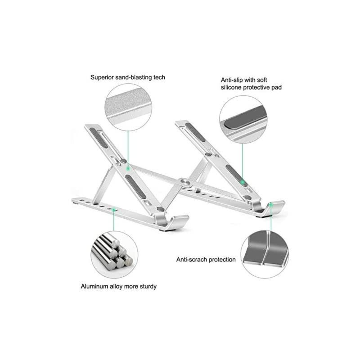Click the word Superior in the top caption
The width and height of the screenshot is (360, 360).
102,77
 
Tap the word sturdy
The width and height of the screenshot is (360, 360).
148,287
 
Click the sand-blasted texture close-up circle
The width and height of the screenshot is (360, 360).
128,108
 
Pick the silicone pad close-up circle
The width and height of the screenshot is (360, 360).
243,120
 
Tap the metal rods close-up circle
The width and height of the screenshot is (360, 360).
114,255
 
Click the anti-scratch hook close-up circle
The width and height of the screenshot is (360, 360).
265,254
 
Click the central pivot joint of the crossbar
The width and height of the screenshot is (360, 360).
185,182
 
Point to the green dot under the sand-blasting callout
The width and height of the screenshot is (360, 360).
128,168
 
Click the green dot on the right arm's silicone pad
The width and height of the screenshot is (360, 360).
243,182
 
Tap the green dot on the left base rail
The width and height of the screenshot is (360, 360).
113,209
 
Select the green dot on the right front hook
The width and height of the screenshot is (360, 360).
271,204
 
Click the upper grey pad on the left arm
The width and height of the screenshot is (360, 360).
99,138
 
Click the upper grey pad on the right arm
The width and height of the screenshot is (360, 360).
195,132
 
